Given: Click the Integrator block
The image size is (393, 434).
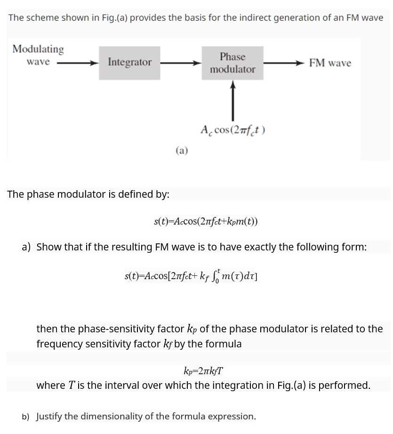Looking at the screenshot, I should [x=129, y=62].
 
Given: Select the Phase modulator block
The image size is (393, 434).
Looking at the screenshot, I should [x=233, y=63].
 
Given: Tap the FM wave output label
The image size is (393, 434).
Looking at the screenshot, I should [x=330, y=63].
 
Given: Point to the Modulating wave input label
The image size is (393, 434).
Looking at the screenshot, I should [x=38, y=55].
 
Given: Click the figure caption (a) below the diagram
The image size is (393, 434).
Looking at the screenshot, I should [x=182, y=151].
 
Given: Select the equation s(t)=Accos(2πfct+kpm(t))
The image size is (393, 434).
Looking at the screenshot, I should [x=206, y=221].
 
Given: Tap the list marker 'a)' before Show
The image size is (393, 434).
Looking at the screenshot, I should [x=26, y=247].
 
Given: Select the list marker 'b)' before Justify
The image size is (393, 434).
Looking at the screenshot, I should [x=25, y=417].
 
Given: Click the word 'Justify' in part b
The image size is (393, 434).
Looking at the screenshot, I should [x=49, y=417].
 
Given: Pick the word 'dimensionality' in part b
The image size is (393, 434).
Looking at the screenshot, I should [x=109, y=417].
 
